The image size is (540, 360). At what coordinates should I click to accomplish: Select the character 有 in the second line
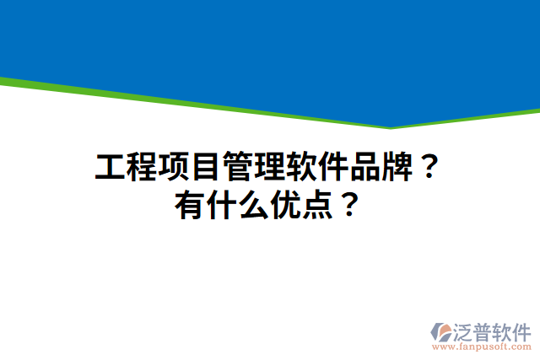(190, 205)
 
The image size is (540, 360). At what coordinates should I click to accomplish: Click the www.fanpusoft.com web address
(481, 347)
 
